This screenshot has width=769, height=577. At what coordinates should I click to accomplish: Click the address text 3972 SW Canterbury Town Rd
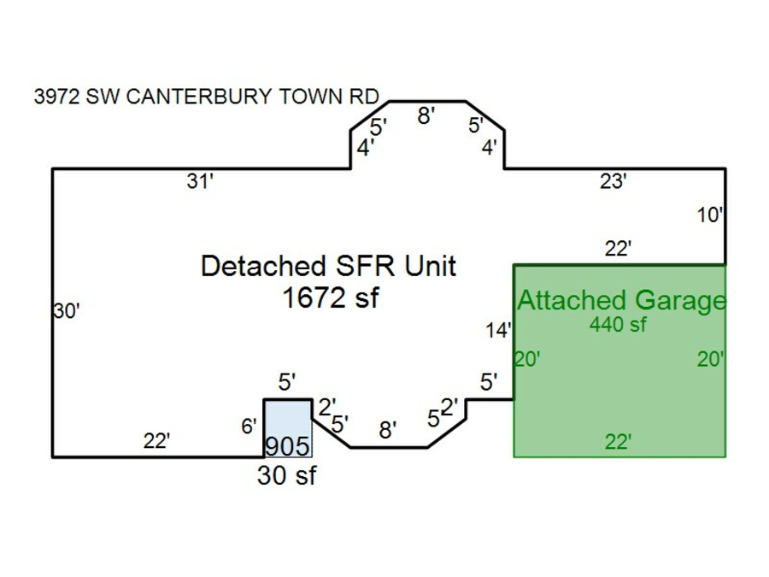click(x=205, y=97)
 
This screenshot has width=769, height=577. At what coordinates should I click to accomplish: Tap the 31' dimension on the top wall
click(x=199, y=181)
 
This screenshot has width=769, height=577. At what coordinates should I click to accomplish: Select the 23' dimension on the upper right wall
click(x=613, y=181)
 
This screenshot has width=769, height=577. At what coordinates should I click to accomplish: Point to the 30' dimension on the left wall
click(x=67, y=312)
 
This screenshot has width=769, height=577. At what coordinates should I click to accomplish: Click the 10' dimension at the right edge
click(x=710, y=215)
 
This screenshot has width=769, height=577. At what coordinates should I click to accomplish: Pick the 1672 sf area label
click(x=329, y=298)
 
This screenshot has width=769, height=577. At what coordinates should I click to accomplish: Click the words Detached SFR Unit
click(x=329, y=266)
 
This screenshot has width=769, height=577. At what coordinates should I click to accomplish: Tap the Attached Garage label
click(x=621, y=300)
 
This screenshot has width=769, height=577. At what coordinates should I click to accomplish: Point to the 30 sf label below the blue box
click(x=286, y=476)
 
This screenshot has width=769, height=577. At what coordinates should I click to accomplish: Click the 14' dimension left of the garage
click(x=499, y=331)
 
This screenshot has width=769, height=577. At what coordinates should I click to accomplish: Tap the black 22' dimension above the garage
click(x=618, y=249)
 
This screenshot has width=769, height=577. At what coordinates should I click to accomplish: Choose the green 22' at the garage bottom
click(x=618, y=442)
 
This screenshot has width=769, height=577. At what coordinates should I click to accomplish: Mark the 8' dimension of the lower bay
click(x=387, y=430)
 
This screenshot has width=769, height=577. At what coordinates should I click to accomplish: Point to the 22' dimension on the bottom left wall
click(x=156, y=441)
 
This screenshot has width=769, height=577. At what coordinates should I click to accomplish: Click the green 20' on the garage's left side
click(x=527, y=360)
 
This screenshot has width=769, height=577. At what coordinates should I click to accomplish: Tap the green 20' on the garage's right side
click(x=710, y=360)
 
